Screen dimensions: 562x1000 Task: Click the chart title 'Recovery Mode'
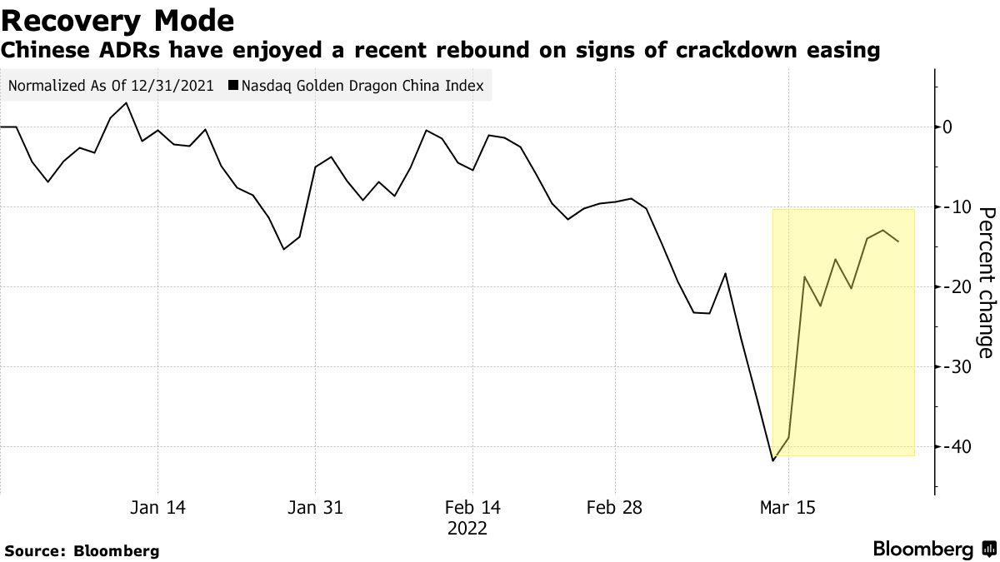point(117,19)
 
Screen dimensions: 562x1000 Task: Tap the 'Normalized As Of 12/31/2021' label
point(111,86)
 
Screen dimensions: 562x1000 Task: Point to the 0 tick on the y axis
point(947,127)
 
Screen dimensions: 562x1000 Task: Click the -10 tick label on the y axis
point(952,206)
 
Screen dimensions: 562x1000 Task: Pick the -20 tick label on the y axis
point(952,286)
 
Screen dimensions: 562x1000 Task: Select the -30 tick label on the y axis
point(952,366)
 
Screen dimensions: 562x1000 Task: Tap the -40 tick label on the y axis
point(952,446)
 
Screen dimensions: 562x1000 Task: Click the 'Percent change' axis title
point(985,282)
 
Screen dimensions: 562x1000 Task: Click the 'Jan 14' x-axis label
point(157,507)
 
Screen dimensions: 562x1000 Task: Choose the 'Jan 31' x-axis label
point(315,507)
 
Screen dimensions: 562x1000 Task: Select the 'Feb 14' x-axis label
point(472,507)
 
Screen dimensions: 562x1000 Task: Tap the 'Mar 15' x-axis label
point(788,507)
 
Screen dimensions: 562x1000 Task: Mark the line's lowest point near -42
point(773,460)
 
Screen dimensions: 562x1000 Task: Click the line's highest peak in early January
point(126,103)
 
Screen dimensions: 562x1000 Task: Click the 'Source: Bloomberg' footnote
point(82,550)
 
